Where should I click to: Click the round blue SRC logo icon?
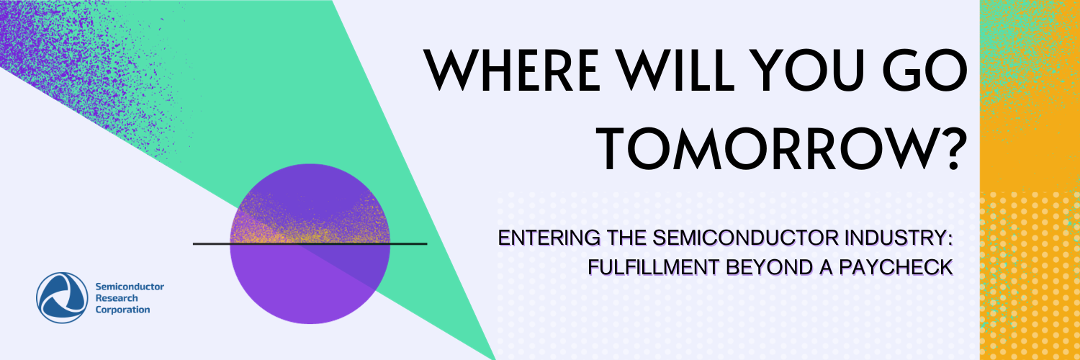tap(61, 297)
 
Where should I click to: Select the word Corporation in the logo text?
tap(122, 310)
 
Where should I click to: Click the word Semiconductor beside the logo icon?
tap(130, 287)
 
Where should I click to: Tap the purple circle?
tap(310, 288)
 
